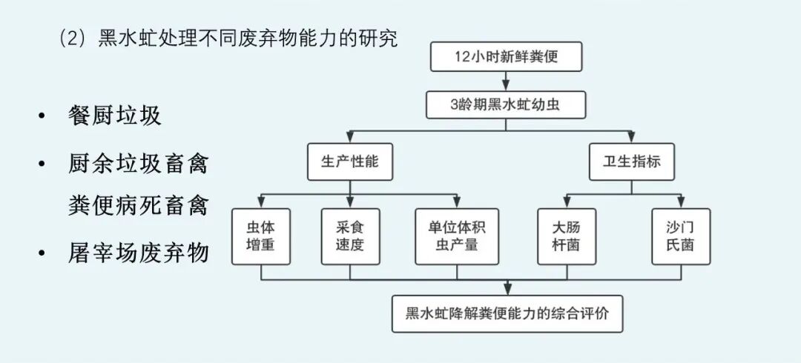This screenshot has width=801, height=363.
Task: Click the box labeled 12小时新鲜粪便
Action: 507,57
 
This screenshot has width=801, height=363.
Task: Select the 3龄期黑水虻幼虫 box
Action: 507,104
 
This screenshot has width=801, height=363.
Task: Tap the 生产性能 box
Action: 349,162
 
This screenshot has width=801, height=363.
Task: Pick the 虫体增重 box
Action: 260,236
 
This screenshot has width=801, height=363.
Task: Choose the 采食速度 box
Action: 349,236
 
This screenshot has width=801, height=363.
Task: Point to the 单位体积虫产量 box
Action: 457,236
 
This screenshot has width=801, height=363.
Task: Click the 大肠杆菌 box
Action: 567,236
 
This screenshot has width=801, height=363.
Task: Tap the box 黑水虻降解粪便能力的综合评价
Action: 507,313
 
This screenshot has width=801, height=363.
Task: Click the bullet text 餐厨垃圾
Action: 113,116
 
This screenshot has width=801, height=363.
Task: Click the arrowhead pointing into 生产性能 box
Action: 349,140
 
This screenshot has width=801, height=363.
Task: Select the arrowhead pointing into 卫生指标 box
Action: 630,140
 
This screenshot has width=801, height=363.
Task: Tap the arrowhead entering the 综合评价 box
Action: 507,291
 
